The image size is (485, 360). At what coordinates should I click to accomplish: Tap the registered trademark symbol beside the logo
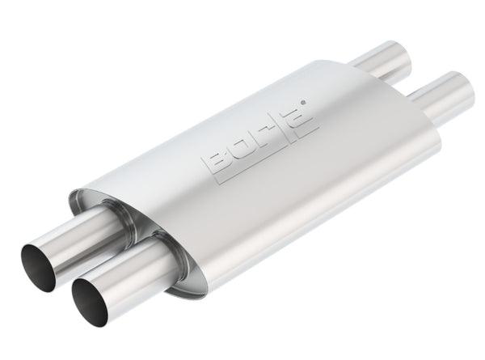302,103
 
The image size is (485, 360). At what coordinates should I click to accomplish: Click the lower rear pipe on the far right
441,95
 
